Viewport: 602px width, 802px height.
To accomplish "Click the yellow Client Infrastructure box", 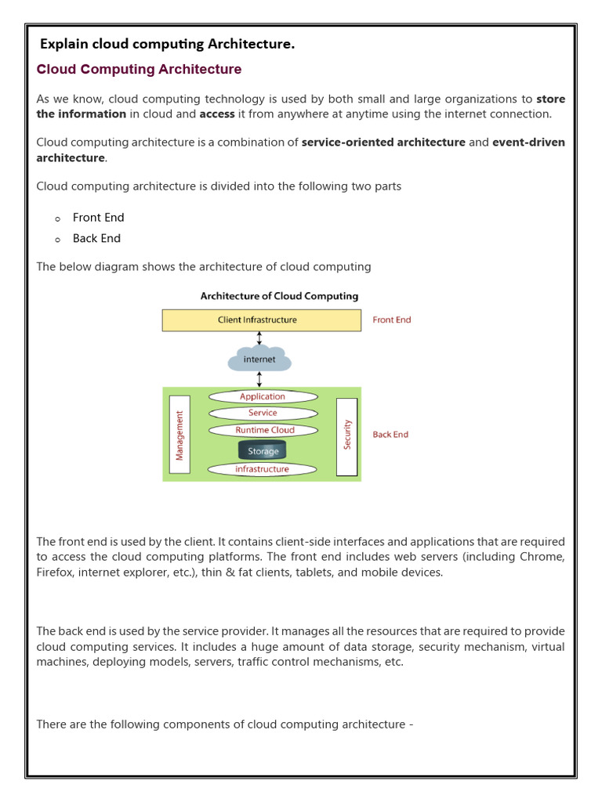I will click(x=261, y=320).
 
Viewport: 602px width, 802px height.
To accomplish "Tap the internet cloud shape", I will click(x=259, y=359).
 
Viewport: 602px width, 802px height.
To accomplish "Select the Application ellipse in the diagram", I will click(x=263, y=396).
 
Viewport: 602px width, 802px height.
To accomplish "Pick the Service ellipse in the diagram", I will click(x=263, y=413).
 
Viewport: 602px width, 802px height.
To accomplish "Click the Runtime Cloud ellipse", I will click(x=264, y=430).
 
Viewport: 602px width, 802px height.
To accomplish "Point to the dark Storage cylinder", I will click(x=263, y=450).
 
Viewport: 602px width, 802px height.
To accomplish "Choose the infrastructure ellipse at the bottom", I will click(x=263, y=469).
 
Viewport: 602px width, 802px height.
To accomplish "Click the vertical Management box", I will click(x=180, y=436).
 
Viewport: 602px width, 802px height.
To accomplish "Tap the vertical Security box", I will click(x=346, y=435).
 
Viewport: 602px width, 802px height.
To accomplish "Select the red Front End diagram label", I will click(x=392, y=320).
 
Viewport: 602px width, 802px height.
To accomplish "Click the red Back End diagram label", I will click(x=390, y=434).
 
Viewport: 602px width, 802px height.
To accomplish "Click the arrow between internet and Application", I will click(x=259, y=379).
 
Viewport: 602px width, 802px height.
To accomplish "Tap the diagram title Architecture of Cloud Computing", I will click(x=279, y=296).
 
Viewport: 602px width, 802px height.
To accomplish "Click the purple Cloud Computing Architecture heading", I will click(x=140, y=70).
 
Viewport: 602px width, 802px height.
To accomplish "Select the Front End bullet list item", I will click(x=98, y=218).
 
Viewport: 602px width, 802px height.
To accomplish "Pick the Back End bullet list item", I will click(x=96, y=238).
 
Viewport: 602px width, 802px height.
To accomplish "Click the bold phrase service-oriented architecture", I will click(x=383, y=143).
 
